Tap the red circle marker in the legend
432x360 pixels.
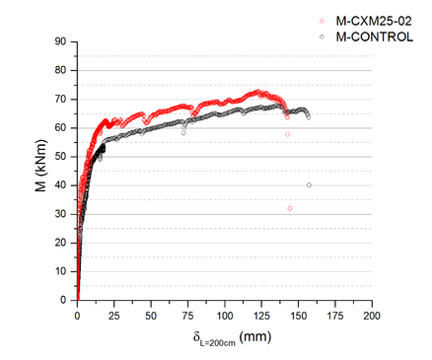323,20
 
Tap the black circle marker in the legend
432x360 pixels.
323,35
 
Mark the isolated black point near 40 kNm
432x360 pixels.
309,184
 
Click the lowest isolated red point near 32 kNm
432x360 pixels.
290,208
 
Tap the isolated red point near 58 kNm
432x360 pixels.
287,134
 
